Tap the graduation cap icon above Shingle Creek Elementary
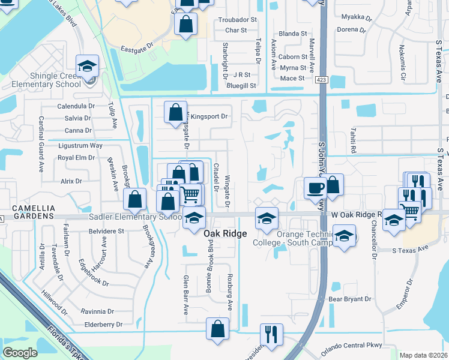[x=87, y=65]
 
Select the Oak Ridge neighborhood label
[x=225, y=233]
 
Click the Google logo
[x=20, y=353]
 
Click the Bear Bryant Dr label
[x=350, y=299]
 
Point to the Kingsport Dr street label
[x=210, y=116]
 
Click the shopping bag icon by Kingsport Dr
[x=175, y=112]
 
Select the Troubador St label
[x=237, y=20]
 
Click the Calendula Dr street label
[x=76, y=106]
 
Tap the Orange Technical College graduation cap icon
[x=266, y=218]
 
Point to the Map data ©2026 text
[x=423, y=355]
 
